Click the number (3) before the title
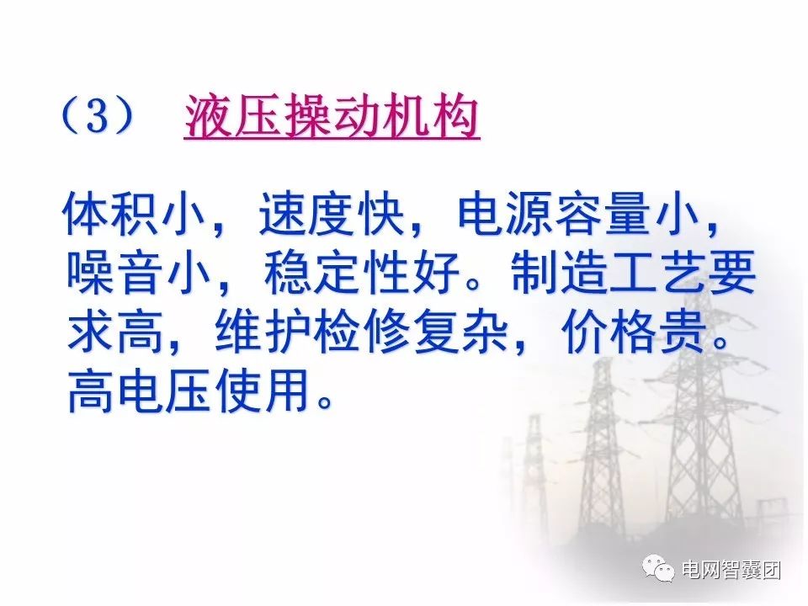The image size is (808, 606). click(x=98, y=115)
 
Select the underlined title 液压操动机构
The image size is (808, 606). click(x=332, y=116)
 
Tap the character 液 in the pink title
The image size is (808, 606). click(x=208, y=116)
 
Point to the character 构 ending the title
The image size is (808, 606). click(x=456, y=116)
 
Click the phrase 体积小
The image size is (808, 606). click(x=135, y=213)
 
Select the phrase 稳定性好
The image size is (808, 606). click(x=362, y=272)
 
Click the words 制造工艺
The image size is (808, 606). click(x=609, y=272)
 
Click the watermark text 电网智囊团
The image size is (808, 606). click(x=731, y=570)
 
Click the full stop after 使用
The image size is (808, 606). click(x=325, y=401)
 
